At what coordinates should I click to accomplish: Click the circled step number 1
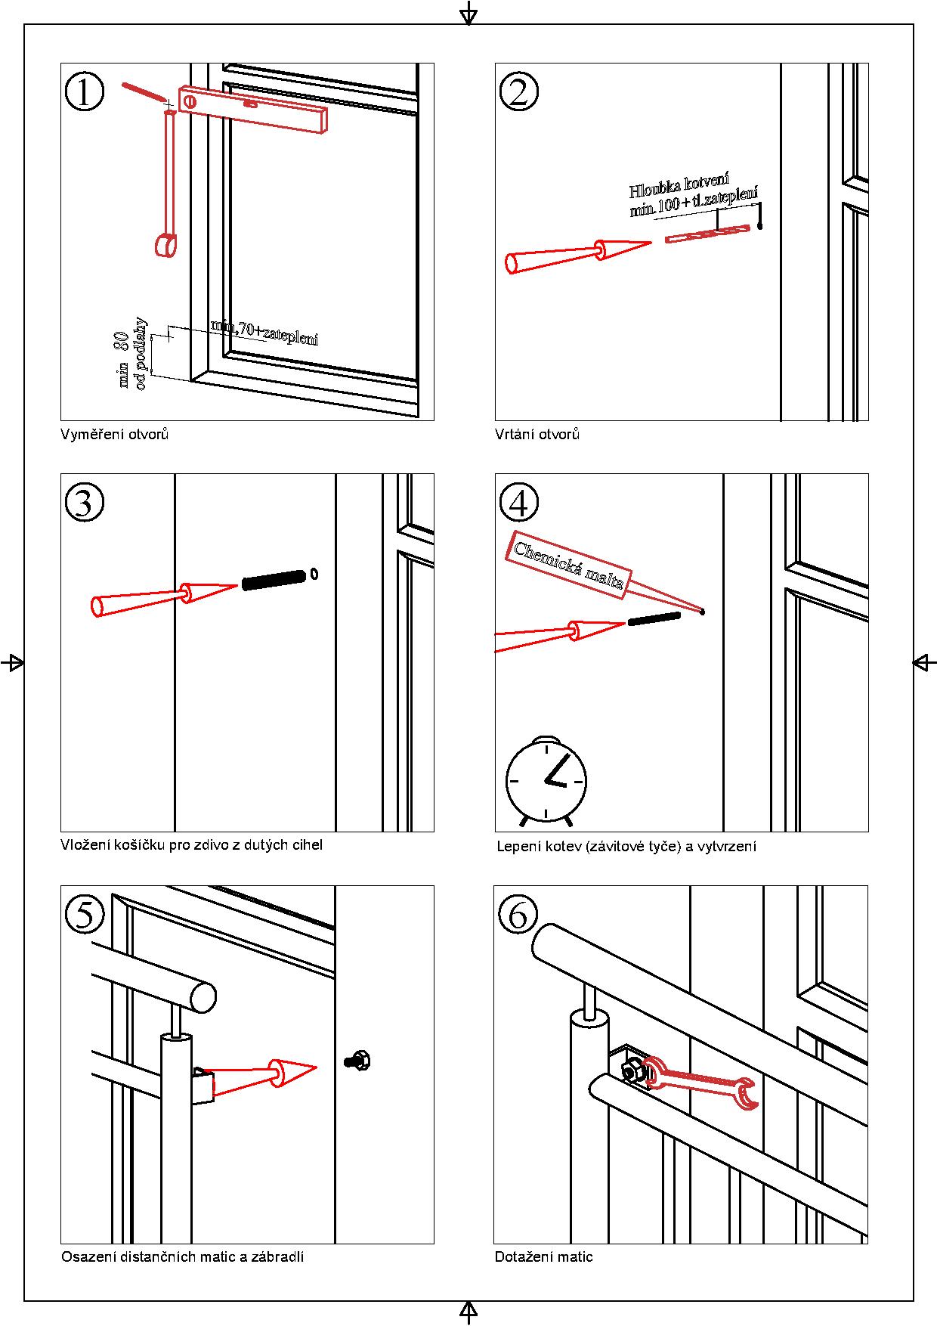pos(84,92)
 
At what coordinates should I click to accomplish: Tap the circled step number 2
pos(519,92)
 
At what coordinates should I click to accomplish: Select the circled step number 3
pos(84,501)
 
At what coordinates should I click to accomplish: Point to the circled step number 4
pos(519,501)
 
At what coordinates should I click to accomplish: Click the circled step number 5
pos(84,913)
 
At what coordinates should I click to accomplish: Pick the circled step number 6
pos(518,913)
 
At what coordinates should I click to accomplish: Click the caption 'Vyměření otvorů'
pos(114,435)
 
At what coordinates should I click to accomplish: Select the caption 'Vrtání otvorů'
pos(537,435)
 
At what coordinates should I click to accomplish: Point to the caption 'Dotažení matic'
pos(543,1257)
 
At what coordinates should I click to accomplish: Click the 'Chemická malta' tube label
pos(568,565)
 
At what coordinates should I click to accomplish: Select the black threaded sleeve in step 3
pos(274,579)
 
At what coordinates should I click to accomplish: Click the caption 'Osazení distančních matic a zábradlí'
pos(182,1257)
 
